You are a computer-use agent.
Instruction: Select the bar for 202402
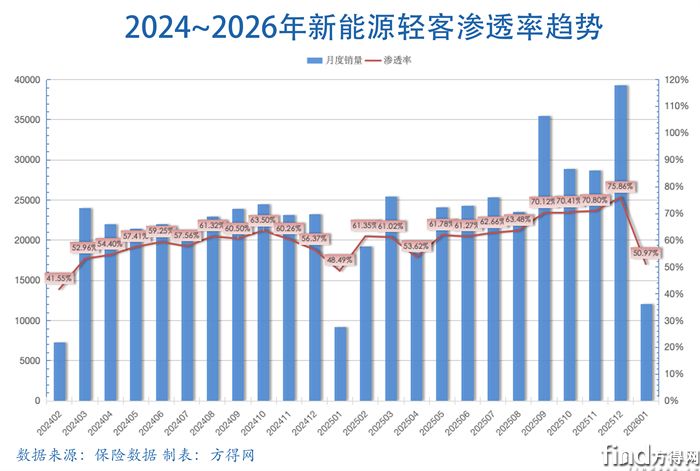pos(60,371)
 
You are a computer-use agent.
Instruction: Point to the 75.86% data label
pos(622,186)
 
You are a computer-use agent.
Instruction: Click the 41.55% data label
pos(57,278)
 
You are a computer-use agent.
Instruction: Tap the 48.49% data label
pos(340,259)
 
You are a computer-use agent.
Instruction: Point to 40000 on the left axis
pos(27,79)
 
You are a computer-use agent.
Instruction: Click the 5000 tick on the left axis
pos(30,360)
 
